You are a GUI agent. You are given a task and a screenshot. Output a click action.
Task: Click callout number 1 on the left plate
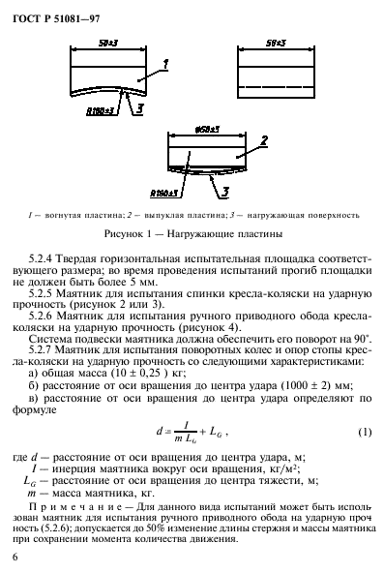click(x=166, y=63)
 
